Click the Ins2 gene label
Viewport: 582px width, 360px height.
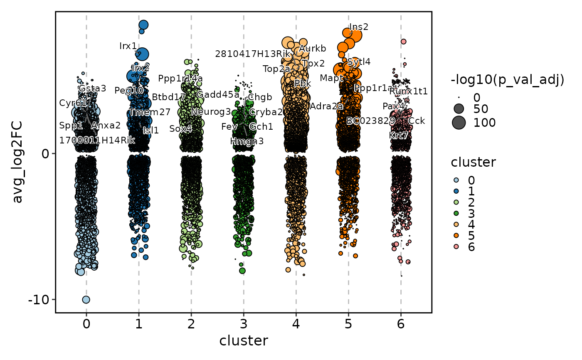click(359, 27)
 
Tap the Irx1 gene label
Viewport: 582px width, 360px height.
click(128, 46)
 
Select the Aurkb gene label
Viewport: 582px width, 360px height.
click(313, 49)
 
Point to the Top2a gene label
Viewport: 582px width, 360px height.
click(276, 69)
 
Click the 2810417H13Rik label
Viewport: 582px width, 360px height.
click(252, 54)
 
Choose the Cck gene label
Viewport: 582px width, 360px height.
click(417, 121)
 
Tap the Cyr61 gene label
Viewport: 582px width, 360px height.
click(73, 103)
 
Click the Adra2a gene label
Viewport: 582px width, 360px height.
click(326, 106)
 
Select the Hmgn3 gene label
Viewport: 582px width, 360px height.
click(247, 141)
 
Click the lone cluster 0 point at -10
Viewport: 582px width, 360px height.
click(86, 299)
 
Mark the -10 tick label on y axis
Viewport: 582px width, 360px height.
click(38, 299)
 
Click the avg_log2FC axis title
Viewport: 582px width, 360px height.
click(18, 162)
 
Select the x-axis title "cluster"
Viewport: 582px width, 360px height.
click(244, 341)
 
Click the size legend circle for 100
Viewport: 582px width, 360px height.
click(459, 123)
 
